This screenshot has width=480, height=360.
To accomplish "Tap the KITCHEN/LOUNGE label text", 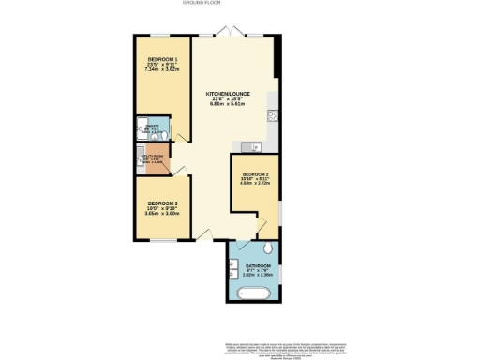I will [x=226, y=92].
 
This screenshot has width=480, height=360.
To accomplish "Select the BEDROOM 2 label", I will [x=255, y=174].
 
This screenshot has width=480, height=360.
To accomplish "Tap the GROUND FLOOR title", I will [x=240, y=4].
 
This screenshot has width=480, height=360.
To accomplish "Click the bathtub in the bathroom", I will [x=252, y=293].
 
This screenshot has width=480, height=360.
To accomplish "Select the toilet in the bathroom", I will [x=269, y=248].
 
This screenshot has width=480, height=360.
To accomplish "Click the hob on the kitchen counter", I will [x=271, y=116].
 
